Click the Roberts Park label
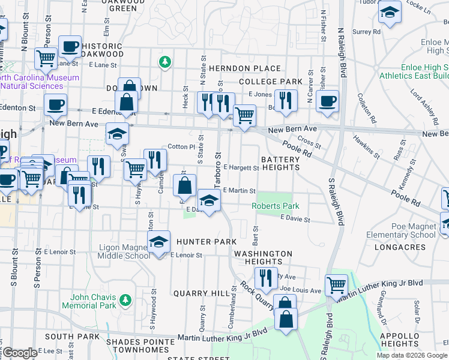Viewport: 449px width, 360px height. pos(275,206)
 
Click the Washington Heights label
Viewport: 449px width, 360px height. pos(263,257)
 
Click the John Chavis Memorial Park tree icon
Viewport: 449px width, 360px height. pos(125,299)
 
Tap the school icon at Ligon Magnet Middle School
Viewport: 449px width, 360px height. pos(158,243)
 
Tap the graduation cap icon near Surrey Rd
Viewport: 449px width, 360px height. pos(390,13)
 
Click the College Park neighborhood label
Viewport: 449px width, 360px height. pos(270,82)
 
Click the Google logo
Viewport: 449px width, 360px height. pos(20,353)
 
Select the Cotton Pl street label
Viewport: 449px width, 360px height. pos(181,146)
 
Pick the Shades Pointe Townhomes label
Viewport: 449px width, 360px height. pos(139,346)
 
